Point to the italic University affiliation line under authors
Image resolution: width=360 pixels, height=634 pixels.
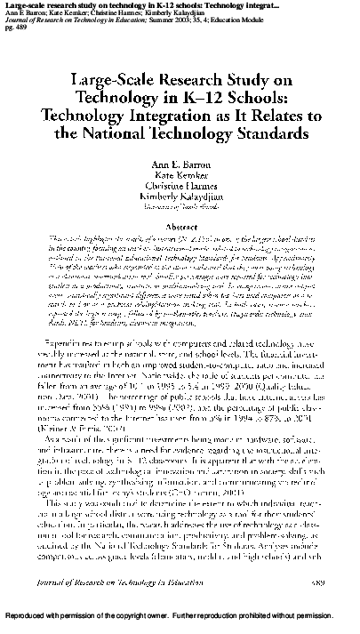pos(179,221)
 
